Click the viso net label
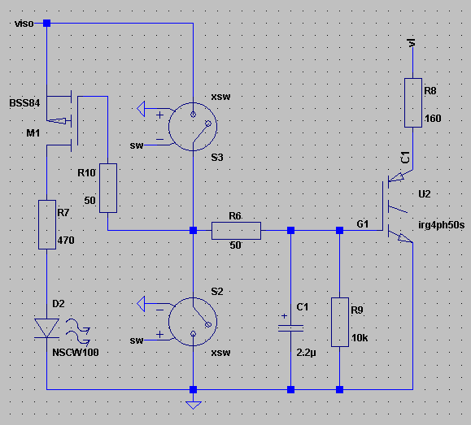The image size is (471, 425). click(24, 24)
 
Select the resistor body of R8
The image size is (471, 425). click(413, 102)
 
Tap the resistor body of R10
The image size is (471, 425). click(108, 188)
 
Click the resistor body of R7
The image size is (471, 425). click(47, 224)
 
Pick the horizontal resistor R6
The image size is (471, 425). click(236, 231)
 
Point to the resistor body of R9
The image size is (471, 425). click(340, 322)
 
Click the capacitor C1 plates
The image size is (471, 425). click(290, 328)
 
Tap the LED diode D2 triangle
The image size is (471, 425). click(46, 327)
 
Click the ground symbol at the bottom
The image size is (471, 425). click(194, 405)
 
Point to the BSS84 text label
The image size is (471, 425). click(24, 103)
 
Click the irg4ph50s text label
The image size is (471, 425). click(441, 225)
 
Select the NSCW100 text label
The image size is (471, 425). click(76, 352)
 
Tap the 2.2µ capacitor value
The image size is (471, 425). click(306, 353)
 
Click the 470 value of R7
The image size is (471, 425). click(66, 240)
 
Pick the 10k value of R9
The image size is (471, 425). click(360, 338)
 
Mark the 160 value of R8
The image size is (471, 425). click(433, 119)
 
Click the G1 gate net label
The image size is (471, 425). click(363, 224)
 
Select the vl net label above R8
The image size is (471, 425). click(412, 42)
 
